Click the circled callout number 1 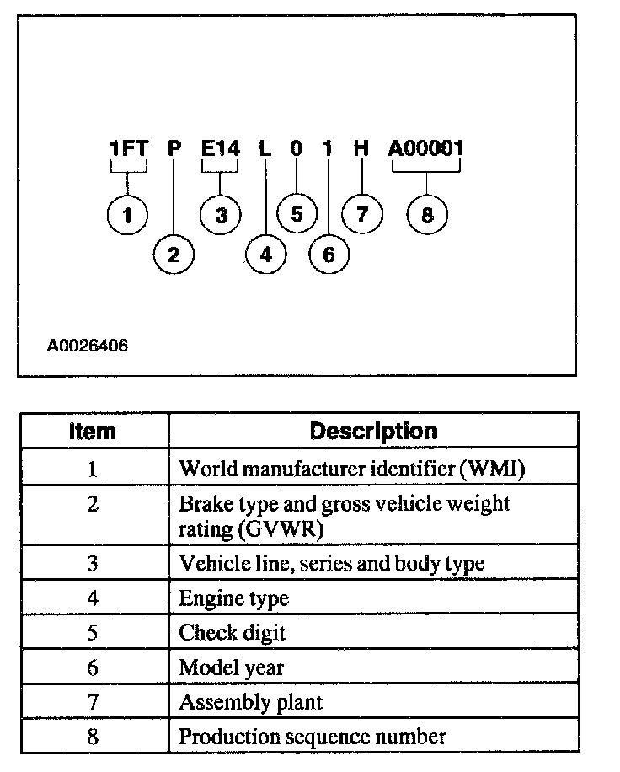[128, 216]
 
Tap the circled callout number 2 [174, 255]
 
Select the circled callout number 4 [267, 255]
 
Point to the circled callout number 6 [329, 255]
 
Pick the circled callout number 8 [427, 216]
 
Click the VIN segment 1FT [129, 149]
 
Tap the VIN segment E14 [221, 149]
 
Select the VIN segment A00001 [426, 149]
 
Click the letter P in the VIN [174, 149]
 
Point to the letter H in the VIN [361, 149]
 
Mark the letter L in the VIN [265, 149]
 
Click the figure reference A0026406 [88, 346]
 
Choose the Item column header [93, 432]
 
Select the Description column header [373, 432]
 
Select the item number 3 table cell [93, 564]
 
